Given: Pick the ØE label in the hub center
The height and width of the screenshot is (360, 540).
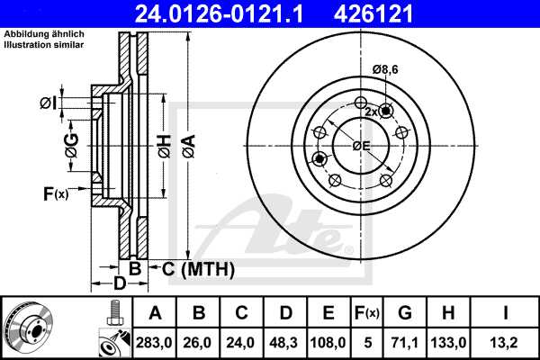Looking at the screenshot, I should (x=361, y=145).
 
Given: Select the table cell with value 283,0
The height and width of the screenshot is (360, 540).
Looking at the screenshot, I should (x=155, y=342).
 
